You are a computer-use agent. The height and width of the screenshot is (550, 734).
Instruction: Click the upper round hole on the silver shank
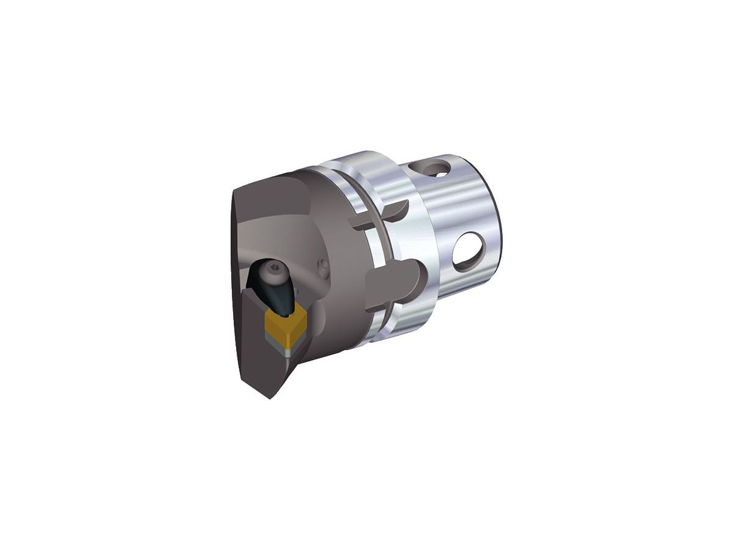pos(438,167)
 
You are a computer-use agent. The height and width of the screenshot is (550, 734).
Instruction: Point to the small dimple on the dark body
pos(324,266)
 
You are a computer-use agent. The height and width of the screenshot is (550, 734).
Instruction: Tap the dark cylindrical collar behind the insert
pos(349,257)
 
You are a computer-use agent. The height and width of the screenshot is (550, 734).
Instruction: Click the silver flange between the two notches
pos(398,244)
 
